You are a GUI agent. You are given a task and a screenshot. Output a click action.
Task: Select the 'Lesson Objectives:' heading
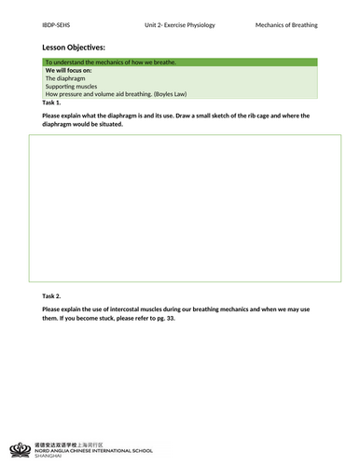(74, 46)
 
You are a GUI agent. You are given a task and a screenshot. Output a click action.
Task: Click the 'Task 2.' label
(52, 295)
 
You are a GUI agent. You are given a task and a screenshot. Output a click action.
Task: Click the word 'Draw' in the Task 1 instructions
(193, 116)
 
